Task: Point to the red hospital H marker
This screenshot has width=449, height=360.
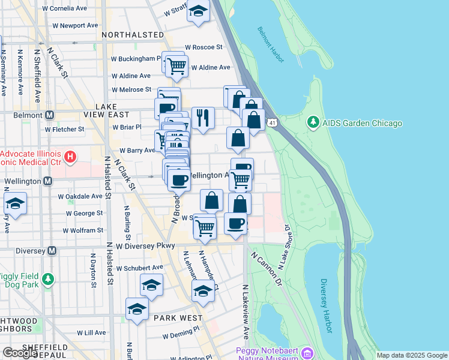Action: [x=71, y=158]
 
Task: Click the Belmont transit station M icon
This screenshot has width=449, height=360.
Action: [x=49, y=115]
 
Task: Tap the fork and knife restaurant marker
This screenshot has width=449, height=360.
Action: [x=203, y=118]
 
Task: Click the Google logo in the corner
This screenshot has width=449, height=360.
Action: [x=20, y=353]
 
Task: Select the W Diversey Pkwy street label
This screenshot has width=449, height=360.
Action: [x=146, y=246]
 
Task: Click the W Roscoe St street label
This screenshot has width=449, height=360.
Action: [x=203, y=47]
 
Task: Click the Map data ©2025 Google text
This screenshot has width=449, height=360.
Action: [x=411, y=355]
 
